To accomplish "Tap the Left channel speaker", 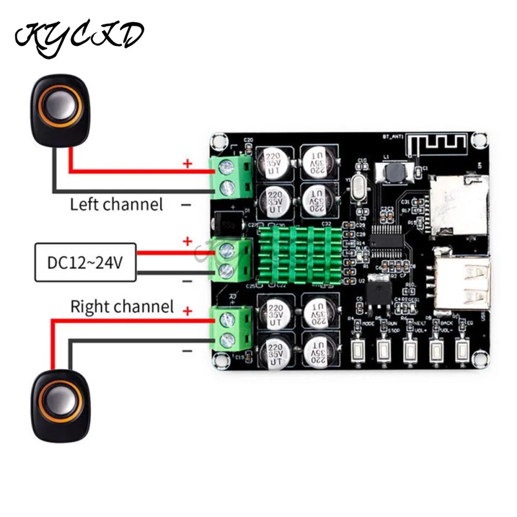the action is [x=57, y=107].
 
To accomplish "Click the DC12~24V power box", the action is [x=86, y=262].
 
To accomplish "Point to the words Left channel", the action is [x=116, y=205].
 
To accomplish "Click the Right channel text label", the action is [x=122, y=306].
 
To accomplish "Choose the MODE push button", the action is [x=357, y=351].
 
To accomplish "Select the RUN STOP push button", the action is [x=384, y=351].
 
